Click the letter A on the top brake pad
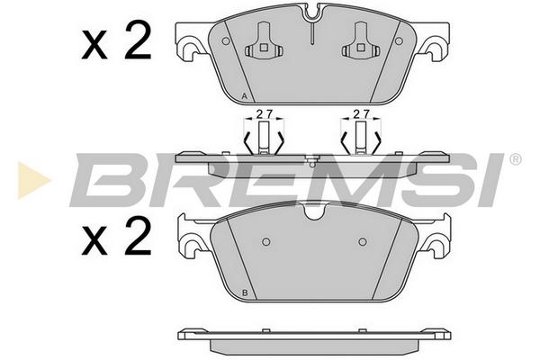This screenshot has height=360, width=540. pos(245,96)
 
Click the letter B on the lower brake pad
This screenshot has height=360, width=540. pos(245,292)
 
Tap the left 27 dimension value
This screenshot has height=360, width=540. pos(265,113)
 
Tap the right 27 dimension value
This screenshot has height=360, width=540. pos(362,113)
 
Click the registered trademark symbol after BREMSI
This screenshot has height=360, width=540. pos(515,159)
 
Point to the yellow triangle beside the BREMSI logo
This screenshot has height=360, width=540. pos(33,180)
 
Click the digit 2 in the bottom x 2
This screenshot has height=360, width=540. pos(138,238)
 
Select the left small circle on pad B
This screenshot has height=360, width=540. pos(265,242)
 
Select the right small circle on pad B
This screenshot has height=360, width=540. pos(363,242)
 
